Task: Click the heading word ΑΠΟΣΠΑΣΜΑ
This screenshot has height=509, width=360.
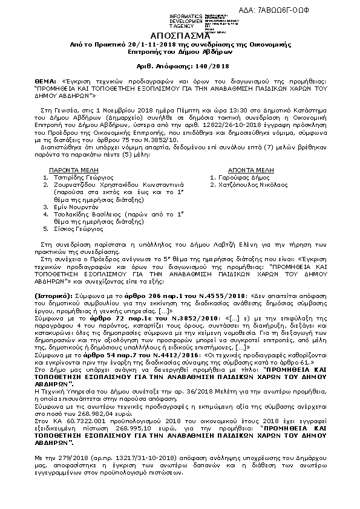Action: coord(179,35)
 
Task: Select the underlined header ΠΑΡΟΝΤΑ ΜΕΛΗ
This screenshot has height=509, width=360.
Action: coord(78,171)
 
